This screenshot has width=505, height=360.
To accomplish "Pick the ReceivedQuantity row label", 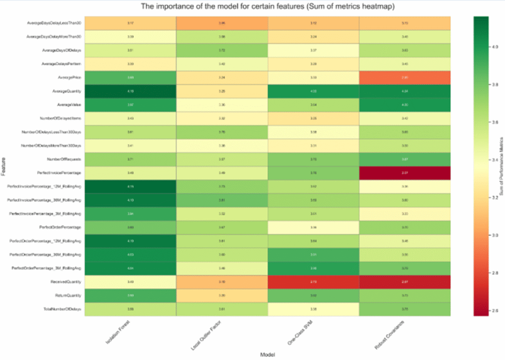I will [65, 281].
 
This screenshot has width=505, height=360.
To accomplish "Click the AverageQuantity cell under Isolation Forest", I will [130, 91].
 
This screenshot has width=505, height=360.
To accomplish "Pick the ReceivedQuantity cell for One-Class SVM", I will [314, 282].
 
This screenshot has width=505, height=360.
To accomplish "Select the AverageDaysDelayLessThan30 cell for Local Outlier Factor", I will [222, 23].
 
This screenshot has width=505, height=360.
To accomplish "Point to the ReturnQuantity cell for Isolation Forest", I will [130, 295].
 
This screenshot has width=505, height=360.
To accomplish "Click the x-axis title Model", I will [267, 354].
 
